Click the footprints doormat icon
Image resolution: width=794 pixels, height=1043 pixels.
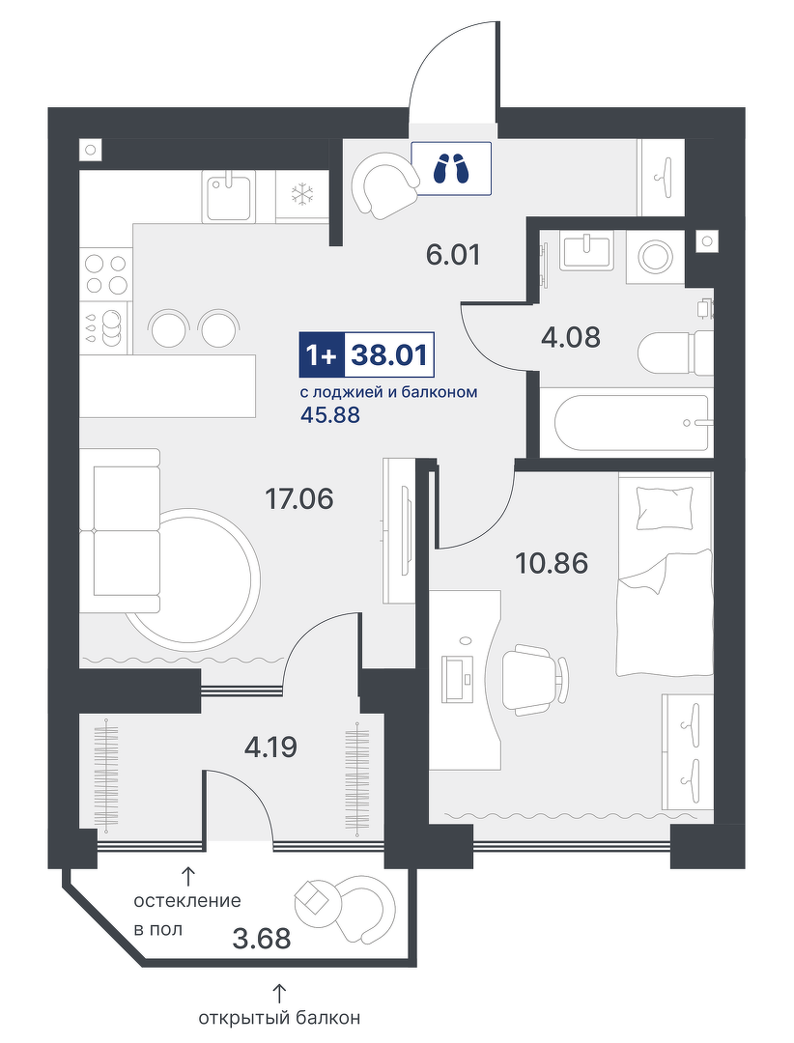(x=450, y=168)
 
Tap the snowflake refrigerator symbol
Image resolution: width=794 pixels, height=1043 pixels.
(x=302, y=194)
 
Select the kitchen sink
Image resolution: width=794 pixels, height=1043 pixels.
(x=230, y=195)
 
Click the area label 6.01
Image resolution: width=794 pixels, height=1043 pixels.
(x=453, y=254)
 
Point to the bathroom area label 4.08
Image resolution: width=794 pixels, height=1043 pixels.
(x=570, y=337)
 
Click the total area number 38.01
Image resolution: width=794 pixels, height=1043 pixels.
(x=389, y=355)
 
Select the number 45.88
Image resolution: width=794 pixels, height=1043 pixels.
(x=330, y=415)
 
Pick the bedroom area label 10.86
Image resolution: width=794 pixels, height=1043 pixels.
(x=552, y=563)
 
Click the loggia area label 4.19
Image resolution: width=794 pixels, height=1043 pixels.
(x=270, y=747)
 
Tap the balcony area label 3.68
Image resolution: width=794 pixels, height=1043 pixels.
(x=262, y=939)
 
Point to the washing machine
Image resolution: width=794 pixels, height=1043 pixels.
(x=656, y=254)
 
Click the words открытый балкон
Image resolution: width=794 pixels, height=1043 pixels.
(x=279, y=1018)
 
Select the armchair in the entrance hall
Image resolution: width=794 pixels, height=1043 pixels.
(x=384, y=184)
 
